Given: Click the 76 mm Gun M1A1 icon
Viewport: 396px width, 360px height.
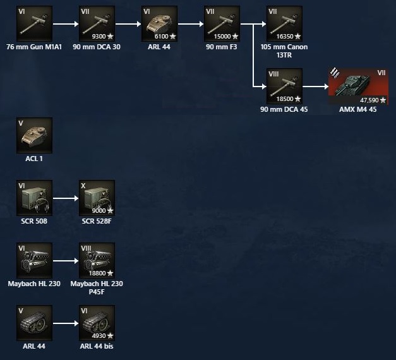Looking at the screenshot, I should [35, 24].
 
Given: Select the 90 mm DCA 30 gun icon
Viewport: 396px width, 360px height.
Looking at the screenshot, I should [97, 24].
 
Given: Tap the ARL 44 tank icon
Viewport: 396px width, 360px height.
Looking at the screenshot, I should [159, 24].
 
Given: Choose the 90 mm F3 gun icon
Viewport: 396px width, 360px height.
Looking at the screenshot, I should [222, 24].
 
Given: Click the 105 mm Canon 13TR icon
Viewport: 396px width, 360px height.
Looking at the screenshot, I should [284, 24].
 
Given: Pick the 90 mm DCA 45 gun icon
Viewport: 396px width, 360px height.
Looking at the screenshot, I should [284, 86].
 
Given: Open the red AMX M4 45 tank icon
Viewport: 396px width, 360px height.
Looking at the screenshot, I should [358, 86].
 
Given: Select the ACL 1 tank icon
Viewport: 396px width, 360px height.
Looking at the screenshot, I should [35, 135].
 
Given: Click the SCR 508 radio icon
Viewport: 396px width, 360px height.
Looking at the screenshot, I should [35, 198].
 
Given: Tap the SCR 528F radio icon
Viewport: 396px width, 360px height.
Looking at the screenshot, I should [97, 198].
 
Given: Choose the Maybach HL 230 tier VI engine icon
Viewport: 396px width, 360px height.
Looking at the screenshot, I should [35, 260].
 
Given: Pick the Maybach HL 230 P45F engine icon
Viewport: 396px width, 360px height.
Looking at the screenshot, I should [97, 260].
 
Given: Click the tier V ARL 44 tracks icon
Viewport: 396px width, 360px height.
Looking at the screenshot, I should [35, 322].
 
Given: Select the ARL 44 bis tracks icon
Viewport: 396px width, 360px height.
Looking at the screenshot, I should [97, 322].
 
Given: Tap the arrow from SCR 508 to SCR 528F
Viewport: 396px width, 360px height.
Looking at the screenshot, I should [66, 198].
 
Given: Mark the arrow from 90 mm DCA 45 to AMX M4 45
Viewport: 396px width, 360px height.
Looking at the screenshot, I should [315, 86].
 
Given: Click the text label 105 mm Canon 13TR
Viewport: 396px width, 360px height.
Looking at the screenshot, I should [284, 51].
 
